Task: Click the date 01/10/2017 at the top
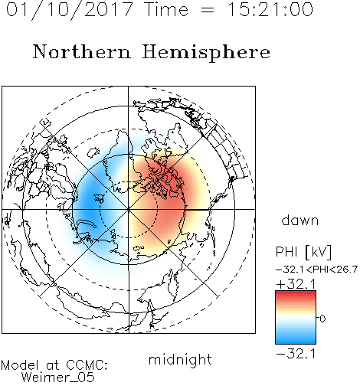coord(69,10)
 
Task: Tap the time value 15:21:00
coord(270,9)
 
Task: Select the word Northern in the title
coord(82,51)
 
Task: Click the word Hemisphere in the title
coord(206,53)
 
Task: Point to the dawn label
coord(300,221)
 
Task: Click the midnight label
coord(180,360)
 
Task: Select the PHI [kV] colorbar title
coord(303,252)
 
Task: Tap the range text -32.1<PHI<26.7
coord(316,270)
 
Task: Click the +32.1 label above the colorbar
coord(296,284)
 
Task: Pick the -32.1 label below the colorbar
coord(296,354)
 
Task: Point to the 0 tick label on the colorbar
coord(322,319)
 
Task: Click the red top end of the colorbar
coord(296,293)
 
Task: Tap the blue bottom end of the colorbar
coord(296,342)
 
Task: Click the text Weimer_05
coord(58,377)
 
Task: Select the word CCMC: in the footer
coord(87,365)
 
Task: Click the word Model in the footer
coord(20,365)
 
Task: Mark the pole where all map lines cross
coord(129,209)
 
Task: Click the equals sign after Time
coord(208,10)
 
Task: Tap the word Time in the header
coord(166,9)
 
